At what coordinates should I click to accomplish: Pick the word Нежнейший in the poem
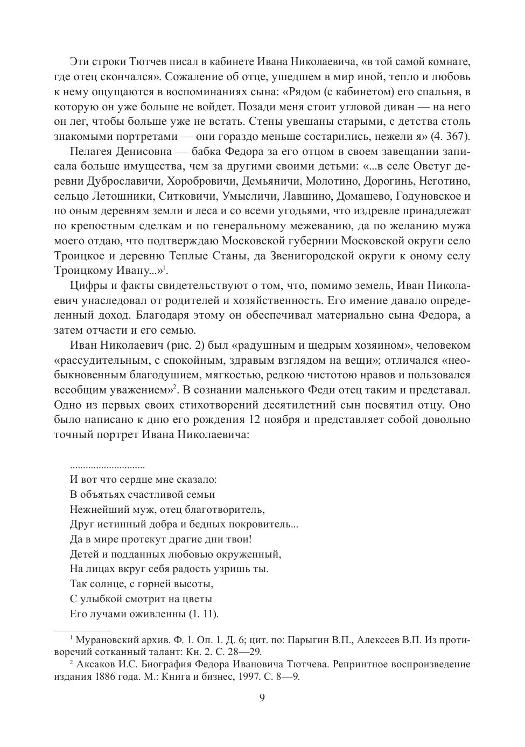click(x=94, y=509)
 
